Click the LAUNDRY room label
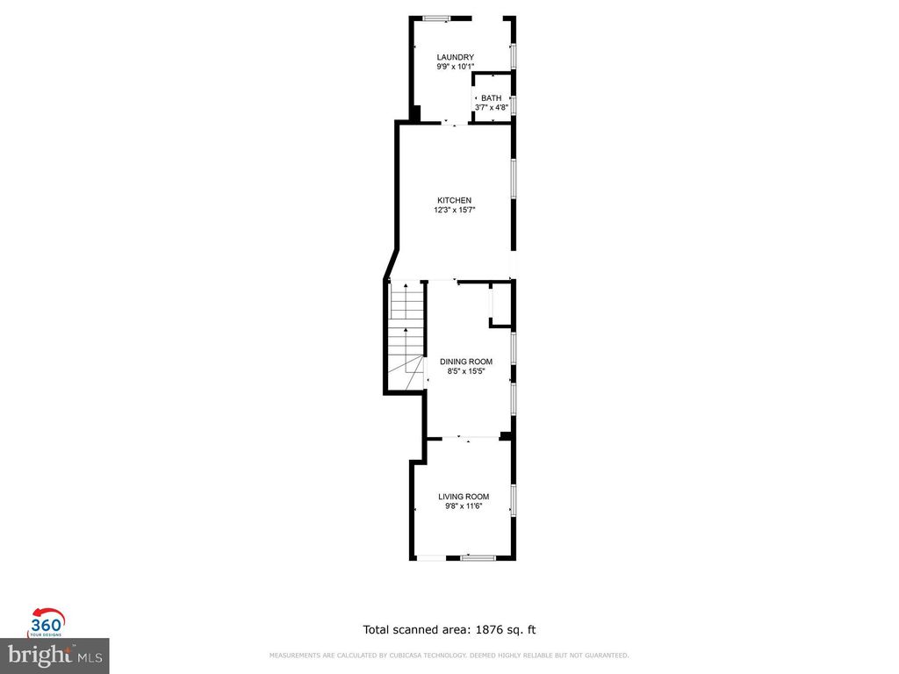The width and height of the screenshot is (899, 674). tap(456, 57)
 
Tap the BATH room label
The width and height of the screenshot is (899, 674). tap(491, 98)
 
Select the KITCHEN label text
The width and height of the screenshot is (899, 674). tap(455, 200)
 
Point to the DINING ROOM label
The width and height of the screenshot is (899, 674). tap(466, 362)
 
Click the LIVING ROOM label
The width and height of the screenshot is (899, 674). tap(464, 497)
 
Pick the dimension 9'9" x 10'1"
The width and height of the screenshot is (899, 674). tap(456, 67)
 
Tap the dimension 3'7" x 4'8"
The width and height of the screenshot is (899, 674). tap(491, 108)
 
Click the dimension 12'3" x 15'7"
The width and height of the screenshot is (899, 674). tap(455, 210)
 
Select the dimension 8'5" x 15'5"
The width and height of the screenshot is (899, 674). tap(466, 371)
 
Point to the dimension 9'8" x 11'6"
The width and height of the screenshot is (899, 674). tap(464, 506)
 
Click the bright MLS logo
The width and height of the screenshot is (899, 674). tap(54, 654)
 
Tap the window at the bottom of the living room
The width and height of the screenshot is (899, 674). tap(478, 557)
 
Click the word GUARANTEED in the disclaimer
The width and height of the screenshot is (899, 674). tap(607, 656)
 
